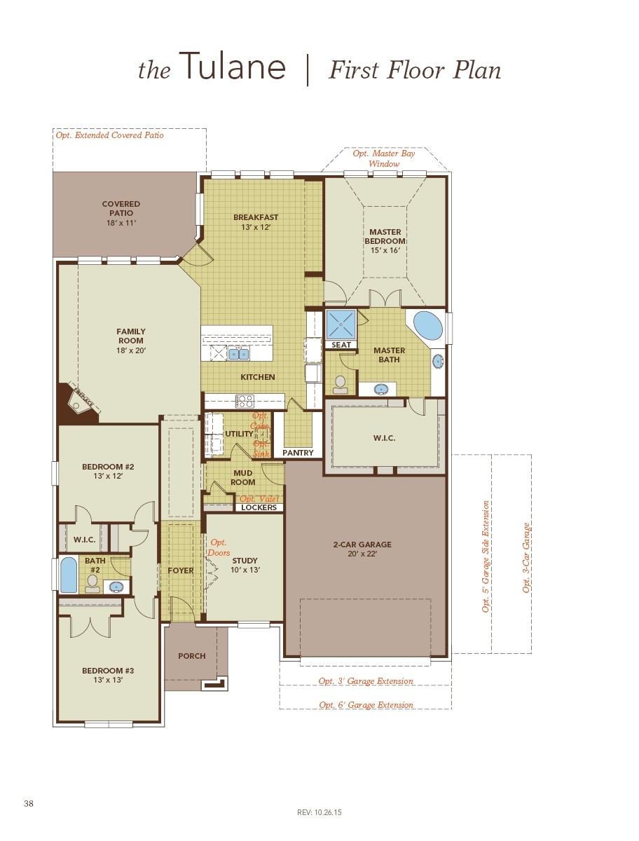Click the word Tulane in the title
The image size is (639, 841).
[x=233, y=68]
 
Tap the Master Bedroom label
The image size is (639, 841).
[x=385, y=236]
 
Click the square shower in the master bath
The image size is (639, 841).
[x=342, y=324]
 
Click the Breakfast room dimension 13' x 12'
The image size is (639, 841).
[x=256, y=227]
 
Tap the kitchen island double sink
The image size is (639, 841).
[x=238, y=354]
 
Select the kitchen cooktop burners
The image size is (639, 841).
[x=245, y=401]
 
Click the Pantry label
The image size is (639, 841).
[x=298, y=453]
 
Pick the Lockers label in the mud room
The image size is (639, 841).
[x=259, y=507]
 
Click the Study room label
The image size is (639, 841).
[x=245, y=561]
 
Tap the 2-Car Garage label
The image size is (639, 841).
[x=362, y=545]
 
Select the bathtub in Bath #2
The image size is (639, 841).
[x=69, y=575]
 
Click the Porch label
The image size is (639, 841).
[x=192, y=656]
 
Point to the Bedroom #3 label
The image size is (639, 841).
[x=108, y=671]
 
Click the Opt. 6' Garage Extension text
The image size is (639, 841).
[x=366, y=705]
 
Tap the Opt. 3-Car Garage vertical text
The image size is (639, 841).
[x=527, y=559]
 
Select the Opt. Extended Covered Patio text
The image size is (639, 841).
[x=110, y=135]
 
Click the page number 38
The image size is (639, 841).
[x=28, y=803]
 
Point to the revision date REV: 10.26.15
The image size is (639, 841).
[x=319, y=813]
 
